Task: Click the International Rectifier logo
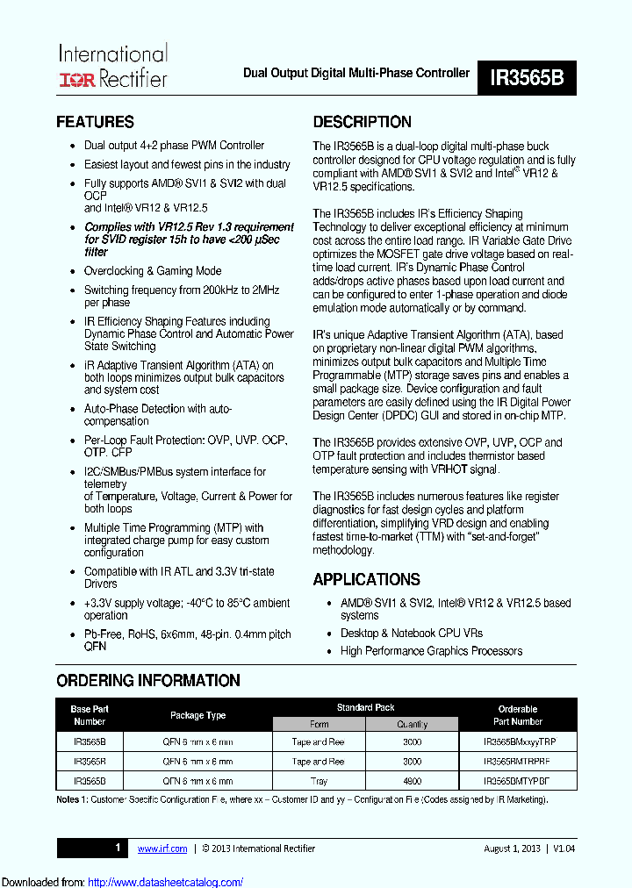click(x=111, y=67)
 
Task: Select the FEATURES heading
click(x=95, y=122)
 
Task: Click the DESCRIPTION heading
click(x=362, y=122)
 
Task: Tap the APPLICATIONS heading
click(x=366, y=580)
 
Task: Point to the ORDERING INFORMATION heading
click(x=147, y=681)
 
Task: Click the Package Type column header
click(x=197, y=715)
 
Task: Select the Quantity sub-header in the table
click(x=412, y=724)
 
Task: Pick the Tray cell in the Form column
click(x=319, y=781)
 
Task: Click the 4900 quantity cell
click(x=412, y=781)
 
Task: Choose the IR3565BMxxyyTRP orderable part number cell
click(x=519, y=742)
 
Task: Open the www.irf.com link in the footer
click(x=162, y=849)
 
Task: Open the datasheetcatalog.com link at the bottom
click(x=166, y=882)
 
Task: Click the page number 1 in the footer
click(x=118, y=848)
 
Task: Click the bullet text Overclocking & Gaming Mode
click(x=152, y=271)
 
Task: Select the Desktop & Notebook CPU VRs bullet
click(x=411, y=633)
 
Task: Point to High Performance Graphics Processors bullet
click(x=431, y=651)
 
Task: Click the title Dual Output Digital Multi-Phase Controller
click(x=355, y=74)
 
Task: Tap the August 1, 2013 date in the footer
click(x=512, y=849)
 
